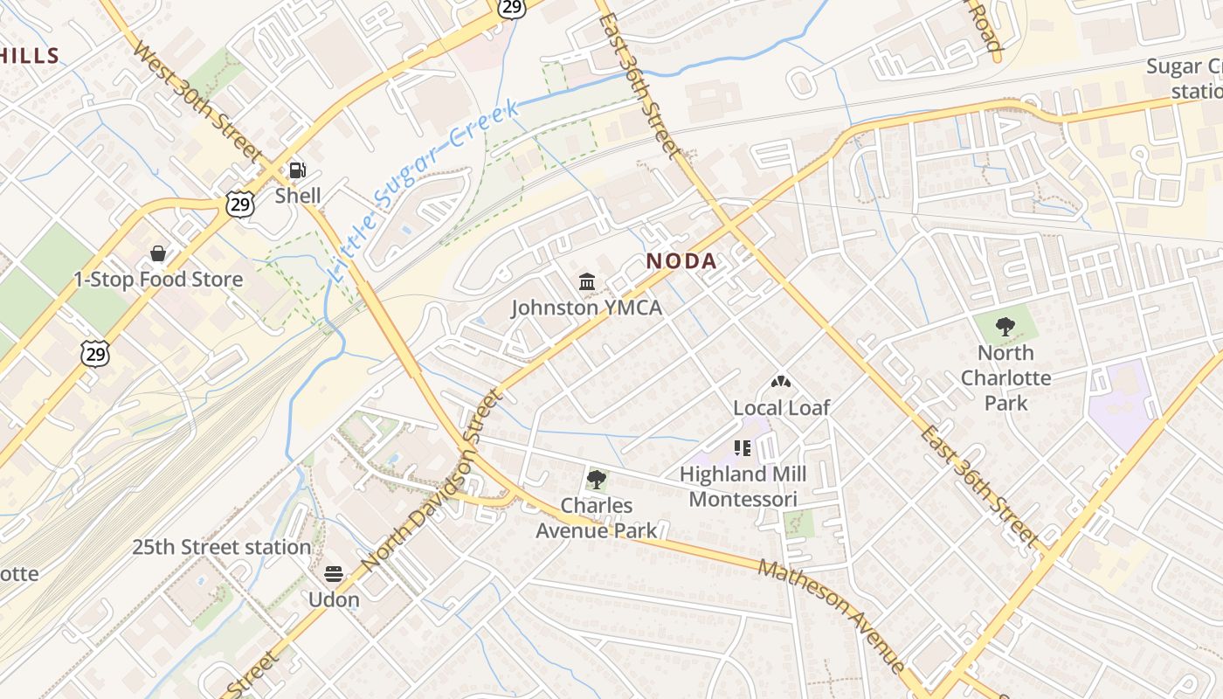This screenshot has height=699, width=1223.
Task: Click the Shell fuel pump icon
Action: click(298, 170)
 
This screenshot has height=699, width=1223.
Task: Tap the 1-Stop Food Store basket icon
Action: click(158, 253)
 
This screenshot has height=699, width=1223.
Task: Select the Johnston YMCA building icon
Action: click(587, 282)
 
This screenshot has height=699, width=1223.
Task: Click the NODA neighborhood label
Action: click(681, 260)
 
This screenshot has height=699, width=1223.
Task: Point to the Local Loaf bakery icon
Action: click(780, 382)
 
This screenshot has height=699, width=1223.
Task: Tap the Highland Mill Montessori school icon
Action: click(743, 448)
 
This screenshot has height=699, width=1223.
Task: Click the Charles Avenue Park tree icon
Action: click(597, 479)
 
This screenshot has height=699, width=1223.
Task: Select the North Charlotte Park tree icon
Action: click(1005, 328)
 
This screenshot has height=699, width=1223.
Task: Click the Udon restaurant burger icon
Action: click(334, 574)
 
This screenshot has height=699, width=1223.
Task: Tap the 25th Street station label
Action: click(221, 548)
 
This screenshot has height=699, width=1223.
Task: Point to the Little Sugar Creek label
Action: click(425, 190)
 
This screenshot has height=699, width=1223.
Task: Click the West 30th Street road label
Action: click(197, 100)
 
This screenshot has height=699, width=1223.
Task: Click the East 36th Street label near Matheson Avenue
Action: click(978, 487)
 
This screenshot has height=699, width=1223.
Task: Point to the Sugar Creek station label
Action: click(1185, 79)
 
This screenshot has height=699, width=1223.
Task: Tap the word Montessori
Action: click(743, 500)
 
